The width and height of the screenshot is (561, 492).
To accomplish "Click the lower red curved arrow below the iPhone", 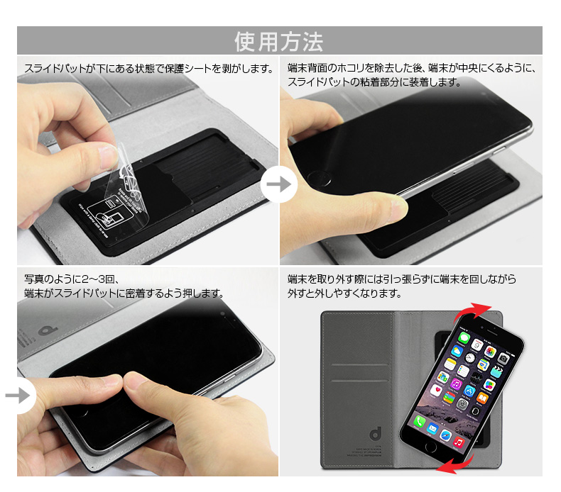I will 455,466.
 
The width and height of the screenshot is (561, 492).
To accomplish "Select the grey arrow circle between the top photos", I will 279,184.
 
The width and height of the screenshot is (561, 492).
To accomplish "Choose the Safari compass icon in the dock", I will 445,435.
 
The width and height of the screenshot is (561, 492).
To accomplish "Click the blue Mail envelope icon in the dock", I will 432,428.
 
